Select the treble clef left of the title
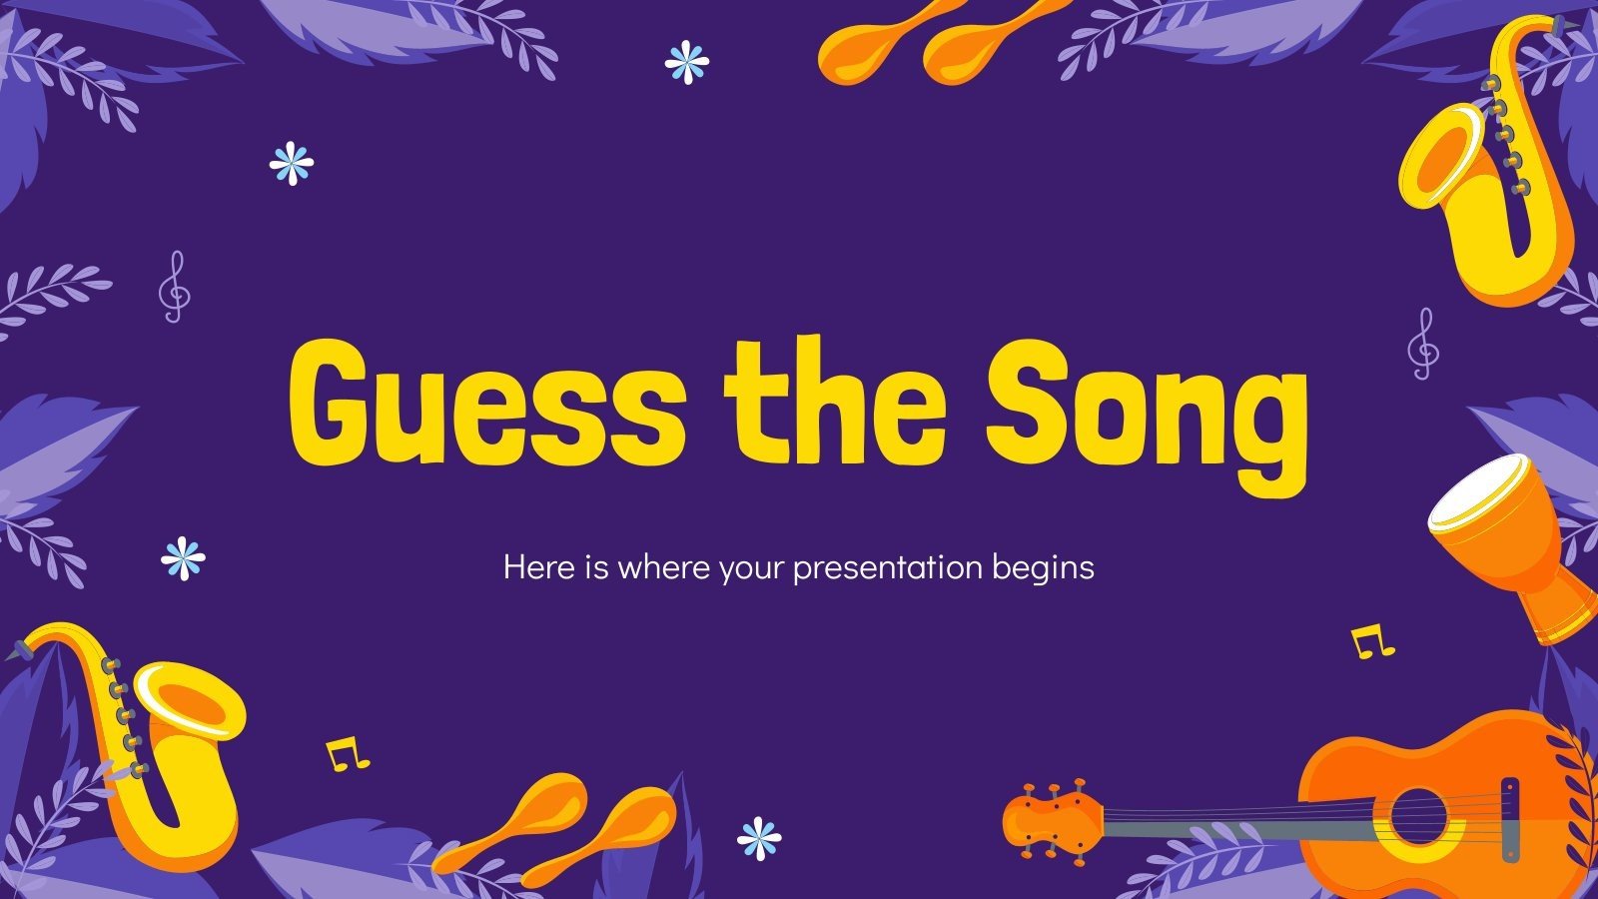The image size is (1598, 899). click(x=174, y=286)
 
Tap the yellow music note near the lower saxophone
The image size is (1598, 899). click(x=347, y=754)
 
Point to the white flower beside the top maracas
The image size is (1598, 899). click(x=686, y=62)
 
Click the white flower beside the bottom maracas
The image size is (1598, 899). click(x=759, y=837)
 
